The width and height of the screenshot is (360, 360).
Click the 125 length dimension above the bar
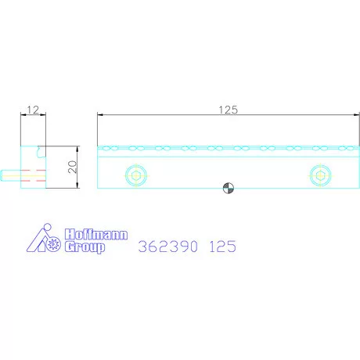pyautogui.click(x=229, y=110)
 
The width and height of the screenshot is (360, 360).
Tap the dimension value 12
pyautogui.click(x=33, y=110)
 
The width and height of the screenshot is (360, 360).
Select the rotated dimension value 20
pyautogui.click(x=72, y=167)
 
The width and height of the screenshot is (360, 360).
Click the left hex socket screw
pyautogui.click(x=136, y=175)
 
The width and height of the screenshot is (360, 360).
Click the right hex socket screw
pyautogui.click(x=320, y=175)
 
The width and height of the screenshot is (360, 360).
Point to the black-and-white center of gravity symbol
pyautogui.click(x=229, y=188)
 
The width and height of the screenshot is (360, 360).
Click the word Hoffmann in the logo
pyautogui.click(x=96, y=234)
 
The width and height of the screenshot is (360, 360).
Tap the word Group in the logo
pyautogui.click(x=85, y=247)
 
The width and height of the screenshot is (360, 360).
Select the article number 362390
pyautogui.click(x=168, y=247)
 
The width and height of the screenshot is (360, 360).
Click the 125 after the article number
pyautogui.click(x=223, y=247)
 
